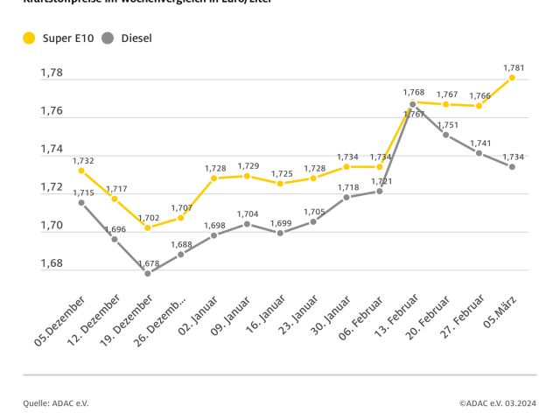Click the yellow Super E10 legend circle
click(29, 38)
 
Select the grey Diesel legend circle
click(108, 38)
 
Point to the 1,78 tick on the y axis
click(52, 73)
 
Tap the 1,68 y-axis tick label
click(52, 263)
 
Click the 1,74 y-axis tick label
click(52, 150)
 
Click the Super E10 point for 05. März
click(512, 78)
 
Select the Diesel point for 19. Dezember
click(148, 273)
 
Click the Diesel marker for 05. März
click(512, 166)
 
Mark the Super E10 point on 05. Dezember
click(81, 171)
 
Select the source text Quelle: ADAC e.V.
click(56, 402)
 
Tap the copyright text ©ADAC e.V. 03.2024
click(498, 402)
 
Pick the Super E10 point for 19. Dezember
click(148, 227)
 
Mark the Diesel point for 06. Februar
click(379, 191)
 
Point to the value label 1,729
click(248, 165)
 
